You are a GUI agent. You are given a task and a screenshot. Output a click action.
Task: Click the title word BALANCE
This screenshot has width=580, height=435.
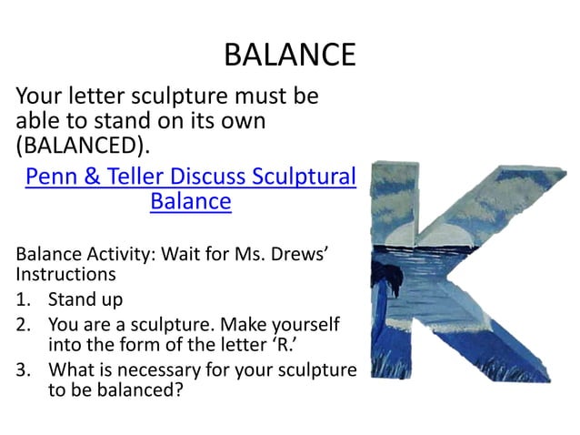(x=289, y=55)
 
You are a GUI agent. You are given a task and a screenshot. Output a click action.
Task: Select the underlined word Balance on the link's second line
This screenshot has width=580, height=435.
(x=190, y=200)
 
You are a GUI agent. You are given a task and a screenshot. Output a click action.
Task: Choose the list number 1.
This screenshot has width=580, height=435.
(x=24, y=299)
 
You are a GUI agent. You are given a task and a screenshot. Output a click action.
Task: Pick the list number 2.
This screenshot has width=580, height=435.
(x=24, y=324)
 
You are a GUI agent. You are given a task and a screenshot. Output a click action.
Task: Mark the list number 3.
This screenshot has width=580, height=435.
(x=24, y=369)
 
